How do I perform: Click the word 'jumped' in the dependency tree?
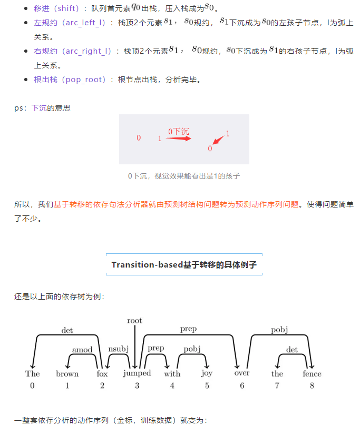click(137, 373)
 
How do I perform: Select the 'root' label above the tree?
click(134, 320)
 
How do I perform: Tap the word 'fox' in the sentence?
click(102, 373)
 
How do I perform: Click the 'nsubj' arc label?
click(119, 349)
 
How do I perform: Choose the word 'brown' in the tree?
click(67, 373)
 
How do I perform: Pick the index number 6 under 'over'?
click(242, 385)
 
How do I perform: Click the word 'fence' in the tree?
click(312, 373)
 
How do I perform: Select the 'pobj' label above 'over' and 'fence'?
click(279, 330)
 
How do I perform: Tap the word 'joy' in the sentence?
click(207, 374)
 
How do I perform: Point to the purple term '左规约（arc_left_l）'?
click(70, 23)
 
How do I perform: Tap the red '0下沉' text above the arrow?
click(179, 132)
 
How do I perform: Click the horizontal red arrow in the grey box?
click(178, 139)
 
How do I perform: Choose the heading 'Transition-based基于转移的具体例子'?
click(184, 264)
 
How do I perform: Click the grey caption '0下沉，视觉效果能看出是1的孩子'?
click(184, 176)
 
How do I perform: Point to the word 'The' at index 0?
click(32, 373)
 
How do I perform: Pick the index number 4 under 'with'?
click(172, 385)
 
